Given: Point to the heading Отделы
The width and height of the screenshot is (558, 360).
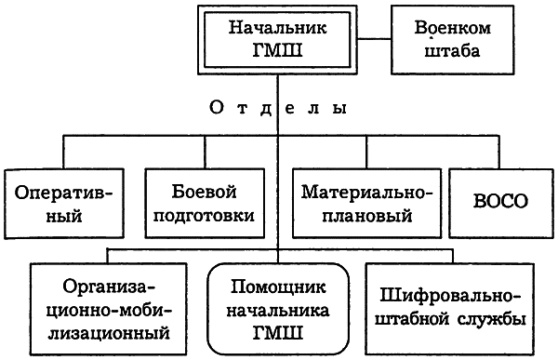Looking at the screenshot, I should pyautogui.click(x=278, y=109).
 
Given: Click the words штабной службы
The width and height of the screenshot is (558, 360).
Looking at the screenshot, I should pyautogui.click(x=452, y=320).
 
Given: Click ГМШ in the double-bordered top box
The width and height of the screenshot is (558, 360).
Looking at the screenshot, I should pyautogui.click(x=277, y=52).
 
